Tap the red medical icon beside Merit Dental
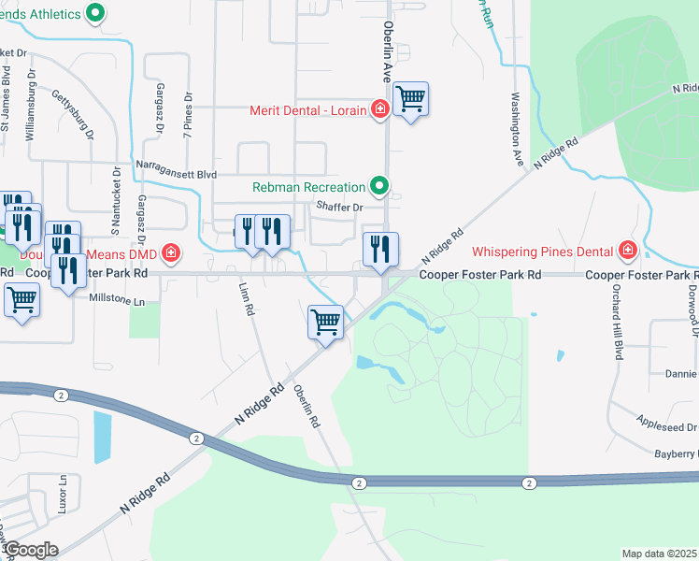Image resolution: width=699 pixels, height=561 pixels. [379, 110]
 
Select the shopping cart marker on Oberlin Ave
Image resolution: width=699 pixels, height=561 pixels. [410, 98]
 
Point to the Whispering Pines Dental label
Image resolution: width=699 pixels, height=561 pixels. [541, 251]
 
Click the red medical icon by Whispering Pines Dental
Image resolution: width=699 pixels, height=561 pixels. [626, 251]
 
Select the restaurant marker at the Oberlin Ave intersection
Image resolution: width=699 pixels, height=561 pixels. [380, 250]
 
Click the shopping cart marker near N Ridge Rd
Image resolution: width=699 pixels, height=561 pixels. [325, 323]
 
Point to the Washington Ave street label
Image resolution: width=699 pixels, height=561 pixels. [516, 129]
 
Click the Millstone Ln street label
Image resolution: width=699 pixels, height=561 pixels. [117, 302]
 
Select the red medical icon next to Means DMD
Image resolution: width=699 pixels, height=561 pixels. [170, 252]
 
